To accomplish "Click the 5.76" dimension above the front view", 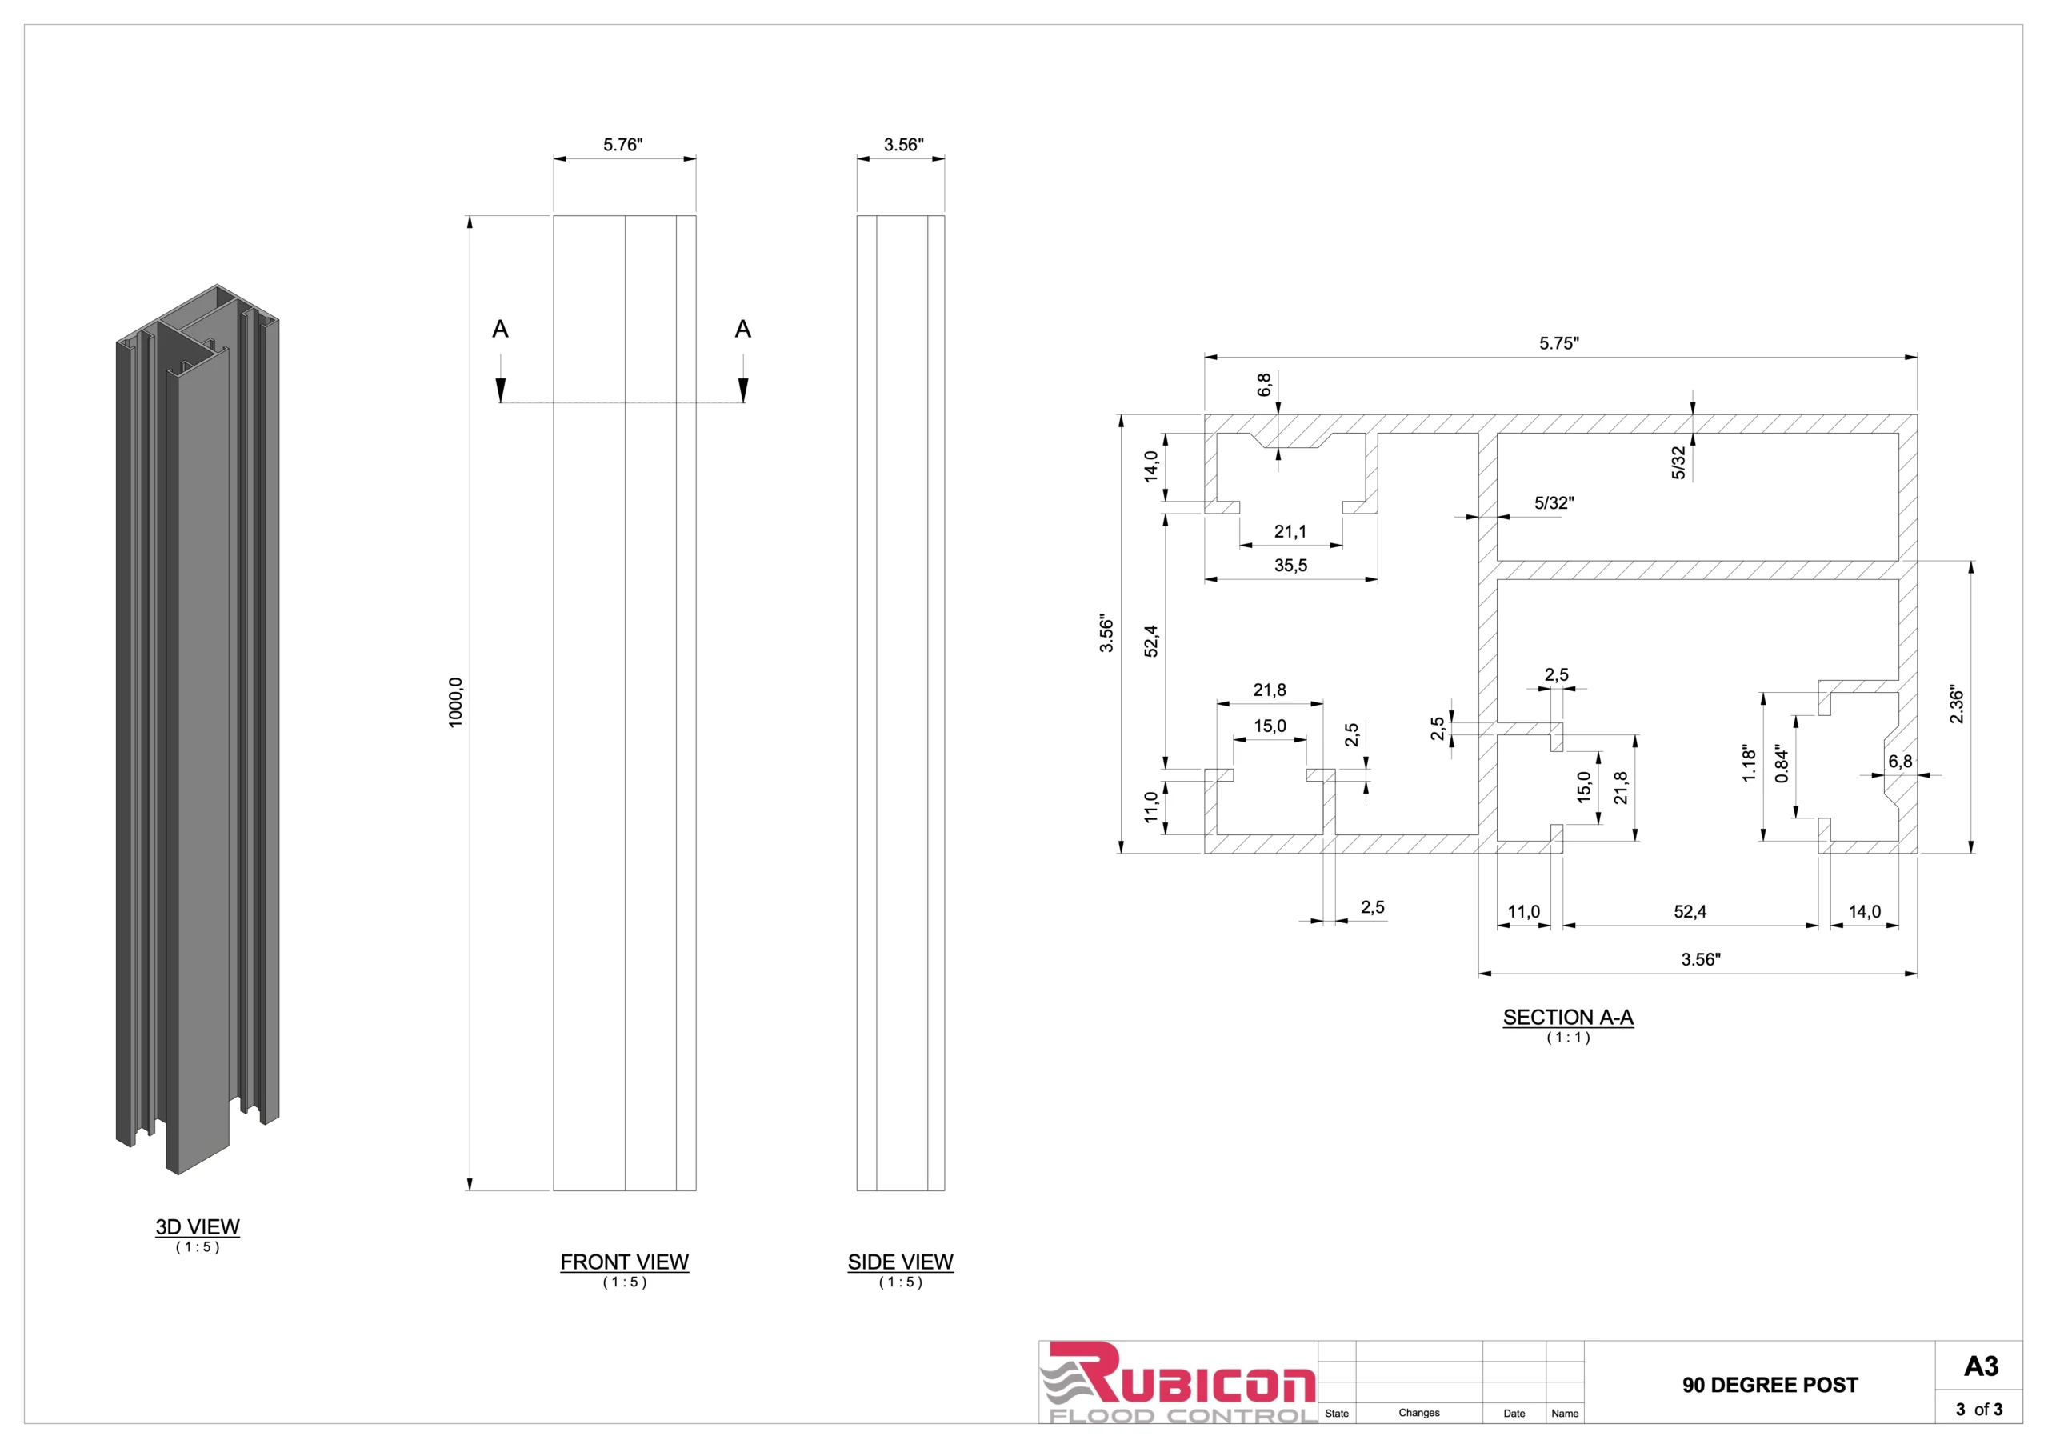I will click(x=622, y=145).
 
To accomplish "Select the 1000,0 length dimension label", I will click(x=456, y=702).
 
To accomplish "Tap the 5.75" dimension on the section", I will click(x=1558, y=343).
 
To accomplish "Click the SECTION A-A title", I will click(x=1567, y=1017).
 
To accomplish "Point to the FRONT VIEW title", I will click(x=624, y=1262).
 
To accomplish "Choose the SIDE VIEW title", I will click(x=900, y=1262).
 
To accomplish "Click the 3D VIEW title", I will click(x=197, y=1226).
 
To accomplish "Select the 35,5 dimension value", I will click(x=1290, y=566).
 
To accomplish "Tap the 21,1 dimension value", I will click(x=1290, y=532).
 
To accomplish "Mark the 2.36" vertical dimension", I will click(x=1956, y=705).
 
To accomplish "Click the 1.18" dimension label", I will click(x=1748, y=765).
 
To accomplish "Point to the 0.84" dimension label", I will click(x=1782, y=765).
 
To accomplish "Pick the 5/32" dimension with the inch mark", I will click(x=1554, y=503).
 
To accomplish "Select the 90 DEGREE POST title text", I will click(x=1770, y=1385).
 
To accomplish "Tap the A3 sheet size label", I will click(x=1981, y=1366).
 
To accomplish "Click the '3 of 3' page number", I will click(x=1978, y=1410).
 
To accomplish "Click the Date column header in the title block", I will click(x=1514, y=1414).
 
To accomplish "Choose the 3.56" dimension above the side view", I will click(x=903, y=145).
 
